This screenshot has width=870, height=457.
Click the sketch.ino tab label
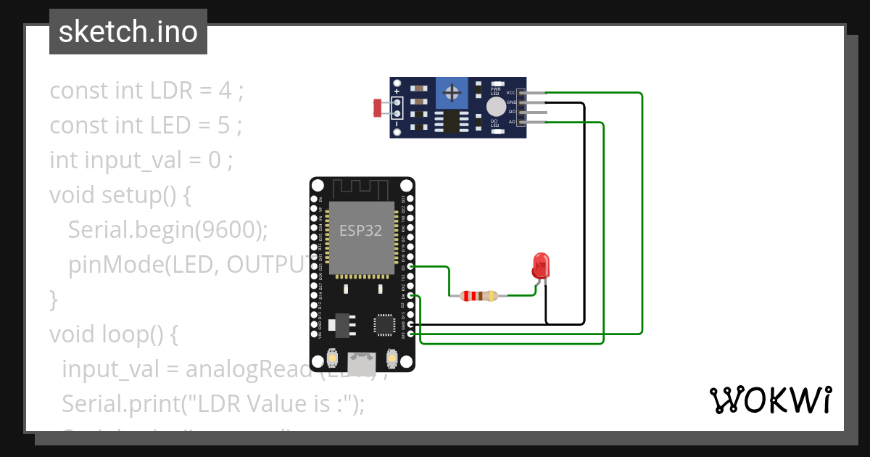pos(128,32)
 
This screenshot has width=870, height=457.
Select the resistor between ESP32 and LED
pos(478,296)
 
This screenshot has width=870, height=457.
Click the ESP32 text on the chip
pos(361,231)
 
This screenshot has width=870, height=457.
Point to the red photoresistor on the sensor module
pos(377,108)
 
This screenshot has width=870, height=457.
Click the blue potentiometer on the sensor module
pos(454,93)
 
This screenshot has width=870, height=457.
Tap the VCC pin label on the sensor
pos(511,93)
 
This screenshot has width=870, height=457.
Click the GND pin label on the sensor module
pos(511,103)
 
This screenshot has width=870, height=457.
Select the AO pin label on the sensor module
pos(512,122)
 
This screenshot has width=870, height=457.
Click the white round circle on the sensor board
pos(496,107)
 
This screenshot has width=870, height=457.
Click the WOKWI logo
pos(770,400)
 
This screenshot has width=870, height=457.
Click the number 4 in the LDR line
pos(225,91)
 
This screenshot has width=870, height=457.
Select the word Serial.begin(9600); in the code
pos(168,230)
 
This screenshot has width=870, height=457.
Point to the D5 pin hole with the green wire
pos(411,267)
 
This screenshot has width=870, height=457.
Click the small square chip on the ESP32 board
pos(384,324)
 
